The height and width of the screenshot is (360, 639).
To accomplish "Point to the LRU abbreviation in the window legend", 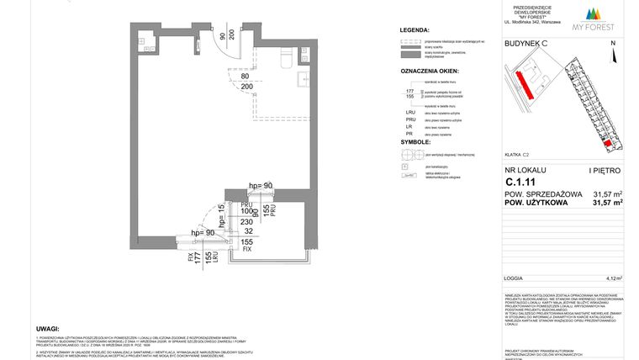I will tap(409, 111).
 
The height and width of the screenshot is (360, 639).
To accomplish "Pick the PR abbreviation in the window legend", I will tap(409, 134).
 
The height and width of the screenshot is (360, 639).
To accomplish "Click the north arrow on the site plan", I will tap(613, 56).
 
